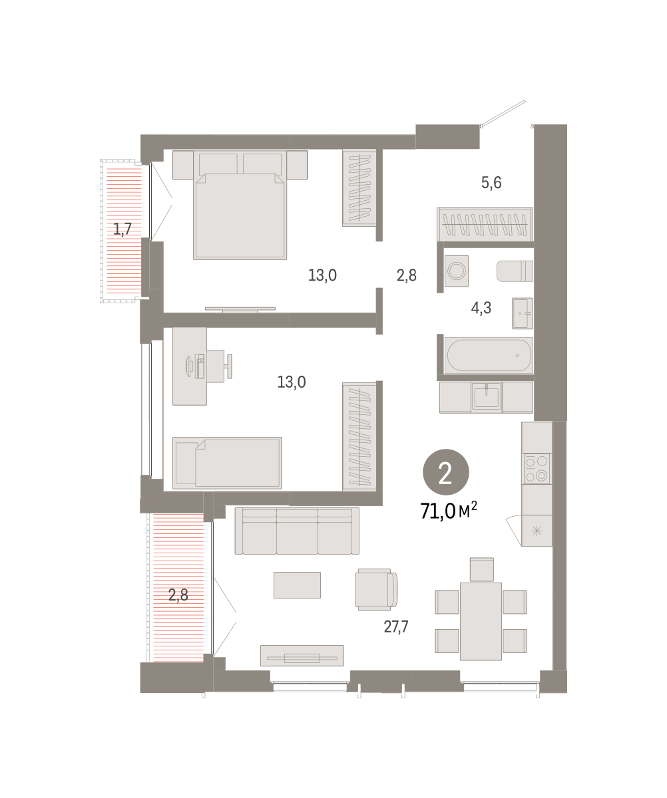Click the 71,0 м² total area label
click(448, 511)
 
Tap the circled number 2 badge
click(446, 472)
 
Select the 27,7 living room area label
click(396, 626)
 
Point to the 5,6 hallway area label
click(491, 183)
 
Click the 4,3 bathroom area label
click(481, 308)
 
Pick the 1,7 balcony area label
click(122, 229)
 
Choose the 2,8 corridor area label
click(407, 275)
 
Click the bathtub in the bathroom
click(489, 356)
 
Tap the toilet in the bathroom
click(515, 271)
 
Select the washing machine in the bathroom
click(457, 271)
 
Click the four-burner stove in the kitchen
click(537, 468)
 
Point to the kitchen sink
click(487, 398)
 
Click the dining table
click(481, 621)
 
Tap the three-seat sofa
click(297, 531)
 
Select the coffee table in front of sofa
click(297, 585)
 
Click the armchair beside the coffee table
click(375, 589)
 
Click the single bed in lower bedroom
click(228, 463)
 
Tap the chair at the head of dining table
click(482, 570)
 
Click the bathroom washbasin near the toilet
click(523, 313)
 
